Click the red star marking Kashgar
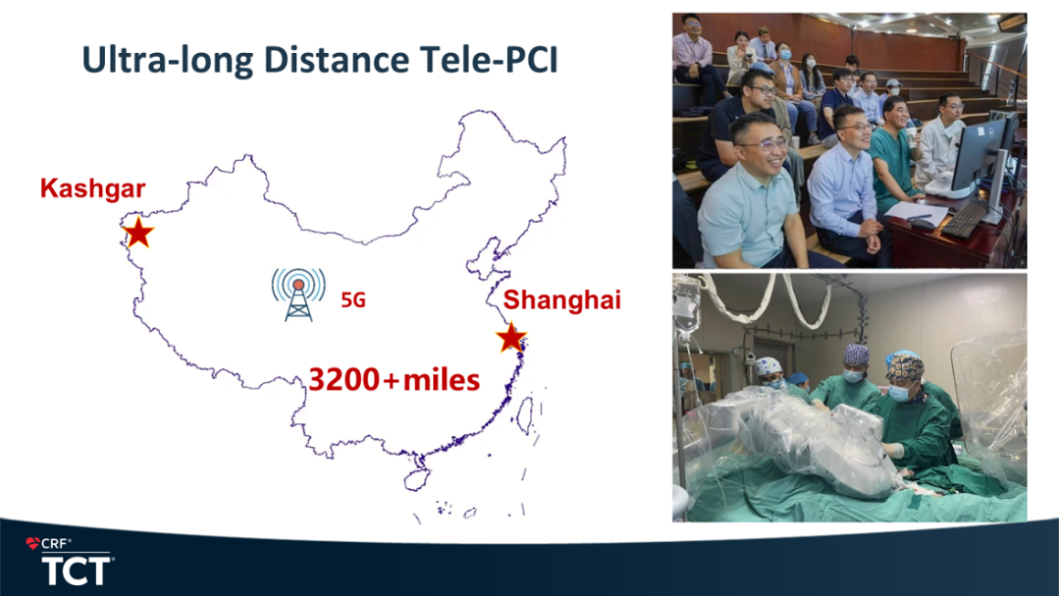click(138, 233)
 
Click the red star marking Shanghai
click(511, 338)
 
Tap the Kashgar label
click(92, 188)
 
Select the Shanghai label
click(562, 300)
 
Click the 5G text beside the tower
click(353, 300)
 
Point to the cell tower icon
click(298, 294)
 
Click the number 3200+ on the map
click(354, 379)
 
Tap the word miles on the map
click(441, 380)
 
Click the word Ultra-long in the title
click(168, 60)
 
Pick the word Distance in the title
click(336, 60)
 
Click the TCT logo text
click(76, 571)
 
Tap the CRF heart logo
click(32, 543)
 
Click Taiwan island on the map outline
click(525, 415)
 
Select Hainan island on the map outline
click(416, 479)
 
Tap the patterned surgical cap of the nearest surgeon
click(905, 368)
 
